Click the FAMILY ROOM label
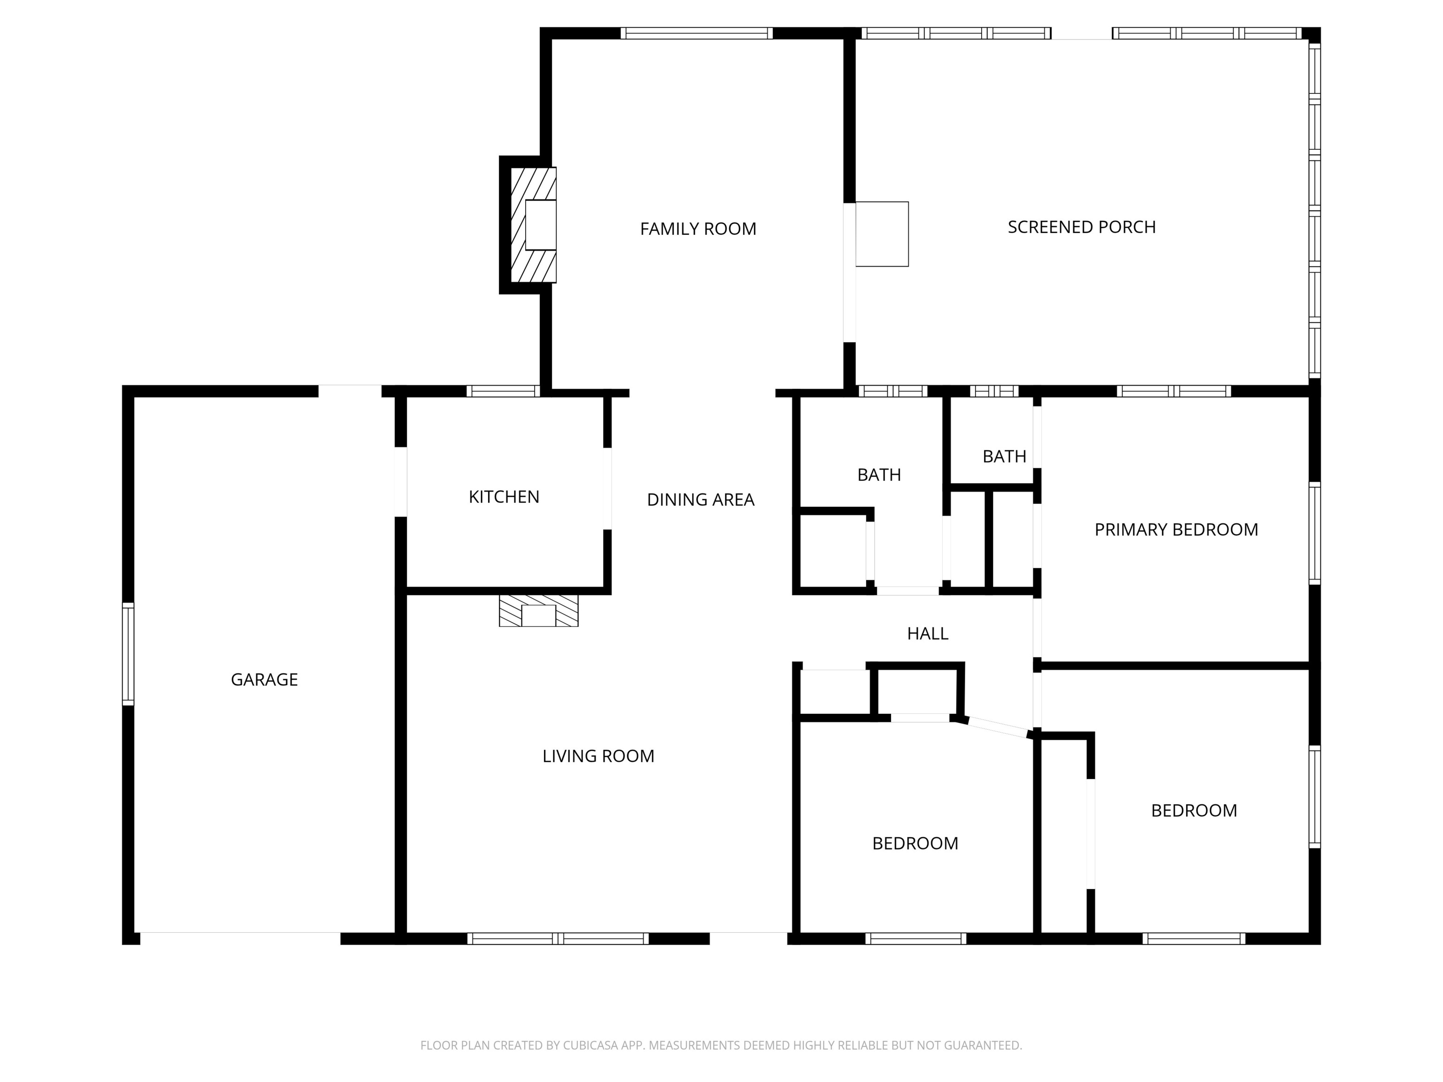pyautogui.click(x=698, y=229)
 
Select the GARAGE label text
pyautogui.click(x=264, y=680)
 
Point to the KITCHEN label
pyautogui.click(x=504, y=497)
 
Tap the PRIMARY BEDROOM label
pyautogui.click(x=1176, y=530)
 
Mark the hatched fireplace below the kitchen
pyautogui.click(x=538, y=611)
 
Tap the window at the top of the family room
pyautogui.click(x=696, y=33)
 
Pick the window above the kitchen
pyautogui.click(x=503, y=391)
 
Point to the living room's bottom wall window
pyautogui.click(x=558, y=938)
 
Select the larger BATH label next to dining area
pyautogui.click(x=879, y=475)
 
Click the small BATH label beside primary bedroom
pyautogui.click(x=1004, y=456)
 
